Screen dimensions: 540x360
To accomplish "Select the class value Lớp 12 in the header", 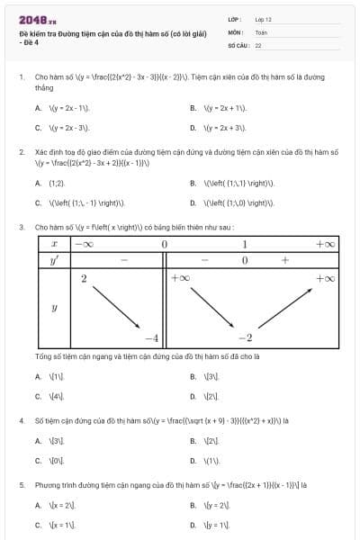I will [263, 19].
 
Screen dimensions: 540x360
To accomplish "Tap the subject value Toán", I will [261, 31].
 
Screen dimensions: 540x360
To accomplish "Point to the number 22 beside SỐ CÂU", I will [258, 44].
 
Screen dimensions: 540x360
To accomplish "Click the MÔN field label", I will [235, 31].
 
